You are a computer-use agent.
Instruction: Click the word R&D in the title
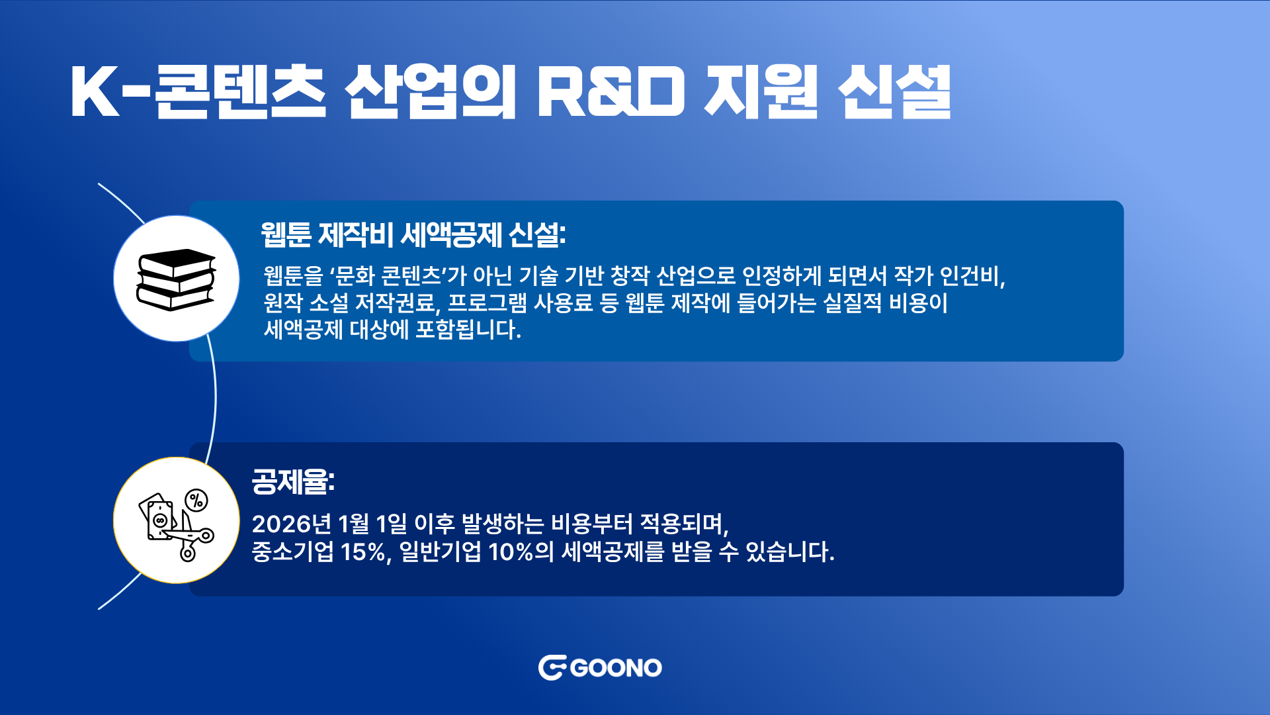pos(611,92)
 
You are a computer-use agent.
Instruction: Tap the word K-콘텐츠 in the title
pos(198,92)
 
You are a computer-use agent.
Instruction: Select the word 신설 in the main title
pos(894,92)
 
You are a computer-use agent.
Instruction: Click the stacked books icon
pos(177,279)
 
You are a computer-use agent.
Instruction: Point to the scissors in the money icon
pos(189,536)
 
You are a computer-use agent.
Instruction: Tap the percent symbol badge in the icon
pos(196,501)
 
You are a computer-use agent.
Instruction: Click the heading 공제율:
pos(293,481)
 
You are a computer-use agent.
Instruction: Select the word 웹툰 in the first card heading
pos(286,234)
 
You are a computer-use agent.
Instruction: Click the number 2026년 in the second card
pos(292,524)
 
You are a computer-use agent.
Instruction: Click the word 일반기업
pos(440,551)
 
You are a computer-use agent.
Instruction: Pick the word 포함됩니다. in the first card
pos(468,329)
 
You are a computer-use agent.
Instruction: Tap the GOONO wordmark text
pos(616,668)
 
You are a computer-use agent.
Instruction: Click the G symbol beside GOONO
pos(552,668)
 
